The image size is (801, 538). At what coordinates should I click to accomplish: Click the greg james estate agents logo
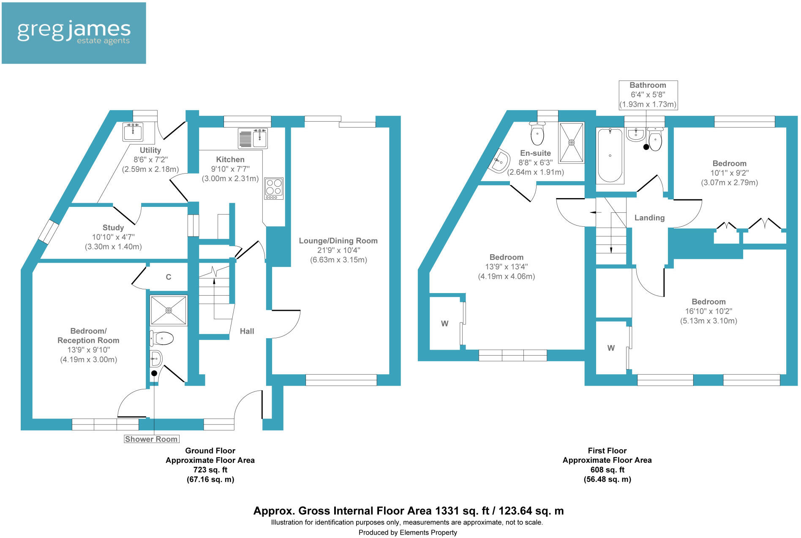click(x=74, y=33)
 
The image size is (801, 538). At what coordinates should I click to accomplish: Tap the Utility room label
click(x=150, y=150)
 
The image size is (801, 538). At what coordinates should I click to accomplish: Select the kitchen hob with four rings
click(x=274, y=188)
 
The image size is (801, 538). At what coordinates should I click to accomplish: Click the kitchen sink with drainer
click(x=253, y=138)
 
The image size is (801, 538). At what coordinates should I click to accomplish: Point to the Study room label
click(x=113, y=228)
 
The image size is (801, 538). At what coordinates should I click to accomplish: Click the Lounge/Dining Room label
click(x=338, y=241)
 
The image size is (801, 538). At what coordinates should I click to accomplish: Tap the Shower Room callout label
click(x=151, y=439)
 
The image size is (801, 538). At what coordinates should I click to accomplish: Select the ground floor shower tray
click(x=169, y=310)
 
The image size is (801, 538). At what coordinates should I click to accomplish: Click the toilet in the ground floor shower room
click(x=162, y=338)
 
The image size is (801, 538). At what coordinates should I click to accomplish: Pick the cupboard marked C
click(x=168, y=277)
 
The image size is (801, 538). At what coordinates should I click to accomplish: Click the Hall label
click(x=247, y=331)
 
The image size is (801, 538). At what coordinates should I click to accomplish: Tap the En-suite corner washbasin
click(x=499, y=161)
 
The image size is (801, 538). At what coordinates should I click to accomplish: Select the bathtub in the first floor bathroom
click(x=610, y=155)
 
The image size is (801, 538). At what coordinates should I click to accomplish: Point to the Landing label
click(x=649, y=218)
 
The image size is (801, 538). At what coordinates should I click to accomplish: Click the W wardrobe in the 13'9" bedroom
click(x=444, y=323)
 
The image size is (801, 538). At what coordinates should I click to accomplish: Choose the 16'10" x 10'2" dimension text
click(x=708, y=311)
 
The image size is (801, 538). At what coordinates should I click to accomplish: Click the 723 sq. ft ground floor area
click(x=210, y=470)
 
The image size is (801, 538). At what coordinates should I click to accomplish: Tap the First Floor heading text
click(x=607, y=451)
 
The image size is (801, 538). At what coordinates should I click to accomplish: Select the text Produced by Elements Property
click(x=408, y=533)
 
